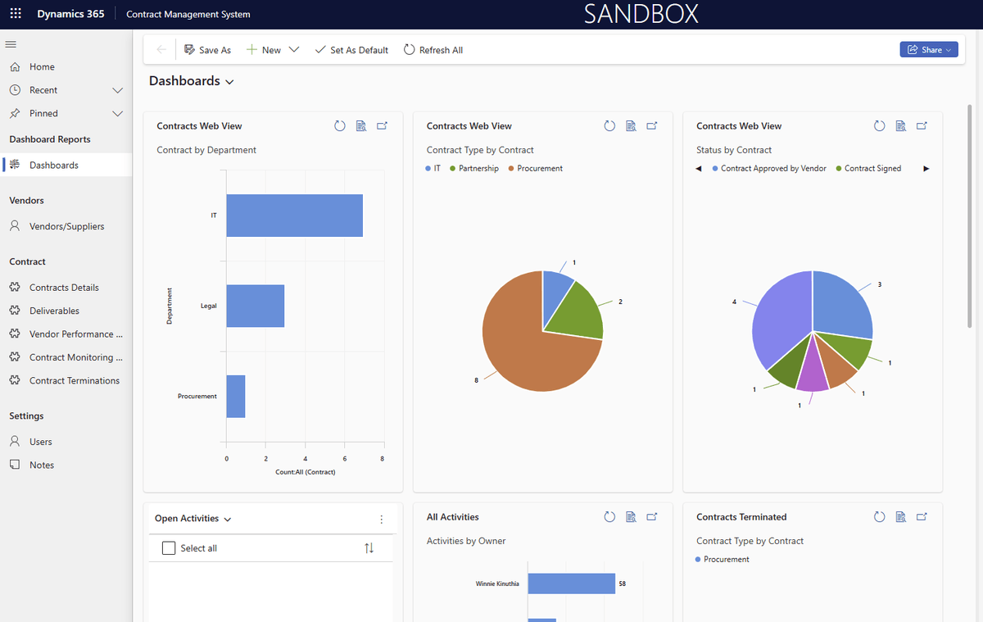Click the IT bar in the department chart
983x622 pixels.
coord(294,216)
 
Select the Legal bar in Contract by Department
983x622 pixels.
coord(255,306)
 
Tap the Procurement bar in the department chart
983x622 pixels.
coord(236,397)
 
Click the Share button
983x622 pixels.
coord(928,50)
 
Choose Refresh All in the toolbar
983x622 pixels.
coord(433,50)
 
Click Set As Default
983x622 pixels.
coord(351,50)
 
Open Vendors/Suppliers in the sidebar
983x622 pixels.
coord(66,226)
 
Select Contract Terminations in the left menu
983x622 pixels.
coord(74,380)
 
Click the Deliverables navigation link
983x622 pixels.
coord(54,311)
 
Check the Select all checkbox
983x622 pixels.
coord(169,548)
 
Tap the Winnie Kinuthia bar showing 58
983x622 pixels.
coord(571,583)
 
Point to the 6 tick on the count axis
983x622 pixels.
coord(344,459)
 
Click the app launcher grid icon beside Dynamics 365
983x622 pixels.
coord(16,14)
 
